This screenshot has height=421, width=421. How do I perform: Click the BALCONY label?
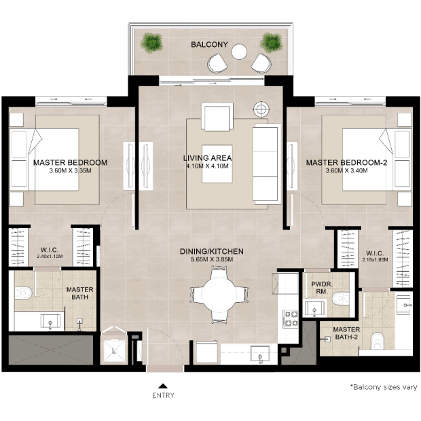click(209, 45)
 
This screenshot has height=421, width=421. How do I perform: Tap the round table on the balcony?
click(239, 52)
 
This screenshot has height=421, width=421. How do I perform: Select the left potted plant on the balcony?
click(151, 43)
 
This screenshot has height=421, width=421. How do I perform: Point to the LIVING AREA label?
click(207, 158)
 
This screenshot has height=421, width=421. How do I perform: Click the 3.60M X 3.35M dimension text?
click(71, 170)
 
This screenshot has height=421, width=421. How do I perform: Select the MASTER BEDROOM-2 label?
click(346, 163)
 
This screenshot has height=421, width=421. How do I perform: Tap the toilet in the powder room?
click(341, 299)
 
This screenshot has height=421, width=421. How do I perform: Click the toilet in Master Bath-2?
click(378, 341)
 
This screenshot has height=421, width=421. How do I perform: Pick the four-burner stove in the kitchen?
click(291, 318)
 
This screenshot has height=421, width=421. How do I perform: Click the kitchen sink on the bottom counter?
click(260, 354)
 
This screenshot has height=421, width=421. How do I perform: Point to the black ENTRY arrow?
click(163, 386)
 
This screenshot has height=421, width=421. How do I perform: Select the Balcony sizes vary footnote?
click(384, 387)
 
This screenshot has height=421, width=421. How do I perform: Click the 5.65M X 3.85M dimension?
click(212, 259)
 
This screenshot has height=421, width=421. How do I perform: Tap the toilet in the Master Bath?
click(23, 293)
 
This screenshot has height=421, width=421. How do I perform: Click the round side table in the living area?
click(261, 109)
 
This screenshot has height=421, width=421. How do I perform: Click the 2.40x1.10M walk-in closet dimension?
click(50, 257)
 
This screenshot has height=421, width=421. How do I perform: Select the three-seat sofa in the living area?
click(266, 164)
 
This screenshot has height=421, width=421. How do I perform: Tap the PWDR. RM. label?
click(322, 287)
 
